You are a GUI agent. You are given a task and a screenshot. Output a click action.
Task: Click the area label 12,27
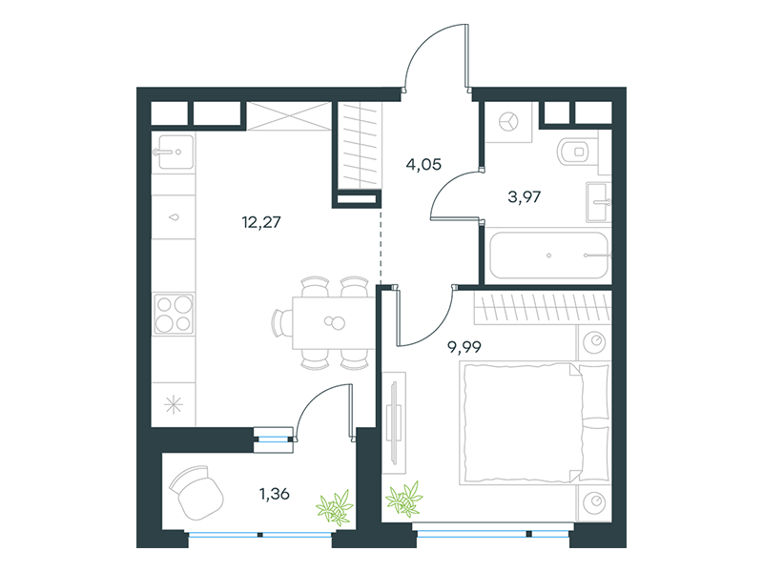(x=261, y=222)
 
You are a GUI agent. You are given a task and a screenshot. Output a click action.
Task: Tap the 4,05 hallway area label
(x=423, y=164)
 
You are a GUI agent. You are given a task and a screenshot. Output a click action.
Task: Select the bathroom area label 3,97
(x=524, y=197)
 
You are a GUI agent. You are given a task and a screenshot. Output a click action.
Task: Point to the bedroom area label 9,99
(x=464, y=347)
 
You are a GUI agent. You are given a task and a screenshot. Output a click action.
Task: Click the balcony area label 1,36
(x=275, y=494)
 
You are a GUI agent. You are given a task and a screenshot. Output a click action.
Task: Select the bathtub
(x=548, y=255)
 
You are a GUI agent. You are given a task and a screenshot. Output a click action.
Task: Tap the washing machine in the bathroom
(x=508, y=122)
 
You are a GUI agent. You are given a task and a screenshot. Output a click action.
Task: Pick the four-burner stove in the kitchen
(x=174, y=314)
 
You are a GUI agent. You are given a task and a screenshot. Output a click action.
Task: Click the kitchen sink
(x=173, y=152)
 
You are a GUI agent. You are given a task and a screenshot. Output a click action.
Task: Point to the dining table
(x=334, y=322)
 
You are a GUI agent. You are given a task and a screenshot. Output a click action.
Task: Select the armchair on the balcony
(x=196, y=492)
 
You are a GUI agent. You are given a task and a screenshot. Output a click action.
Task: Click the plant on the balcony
(x=335, y=507)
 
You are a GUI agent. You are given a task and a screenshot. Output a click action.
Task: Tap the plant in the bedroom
(x=403, y=498)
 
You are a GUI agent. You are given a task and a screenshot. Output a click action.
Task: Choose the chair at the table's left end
(x=281, y=322)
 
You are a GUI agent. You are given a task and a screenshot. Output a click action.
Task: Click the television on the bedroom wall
(x=394, y=422)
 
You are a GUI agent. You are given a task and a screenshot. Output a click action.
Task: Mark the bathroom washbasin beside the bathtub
(x=598, y=202)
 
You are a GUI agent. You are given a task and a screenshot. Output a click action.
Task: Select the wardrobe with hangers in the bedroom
(x=542, y=308)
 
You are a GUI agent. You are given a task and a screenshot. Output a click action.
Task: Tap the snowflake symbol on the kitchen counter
(x=174, y=405)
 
